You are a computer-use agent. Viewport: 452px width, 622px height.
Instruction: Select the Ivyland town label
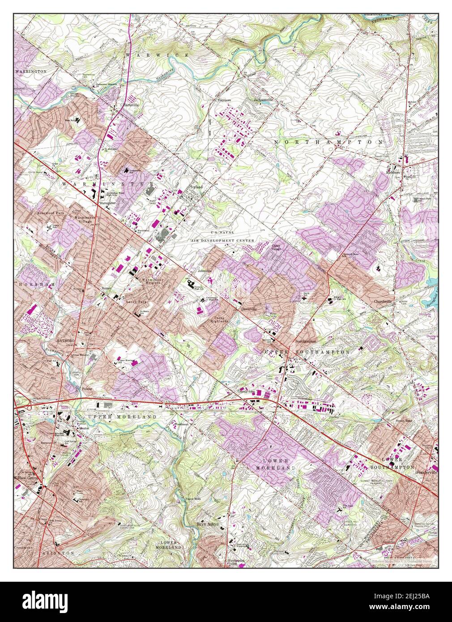[x=196, y=187]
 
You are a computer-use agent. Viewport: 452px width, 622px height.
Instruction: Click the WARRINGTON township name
[x=30, y=71]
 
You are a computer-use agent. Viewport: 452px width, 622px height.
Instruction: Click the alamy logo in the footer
[x=51, y=601]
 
